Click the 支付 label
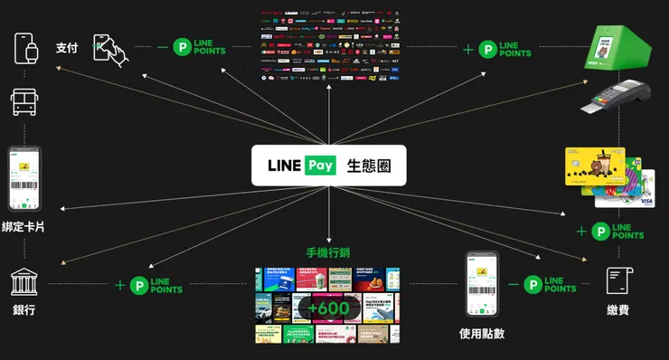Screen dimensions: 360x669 (67, 48)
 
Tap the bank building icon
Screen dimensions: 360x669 (24, 282)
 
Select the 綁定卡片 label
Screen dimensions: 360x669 (24, 227)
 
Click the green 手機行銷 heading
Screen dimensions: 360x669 (329, 252)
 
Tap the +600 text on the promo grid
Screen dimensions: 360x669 (327, 308)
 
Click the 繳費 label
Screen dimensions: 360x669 (618, 311)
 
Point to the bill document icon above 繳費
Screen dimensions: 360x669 (619, 281)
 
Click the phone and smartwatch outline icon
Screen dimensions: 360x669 (26, 48)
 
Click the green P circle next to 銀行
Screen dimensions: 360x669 (139, 286)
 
